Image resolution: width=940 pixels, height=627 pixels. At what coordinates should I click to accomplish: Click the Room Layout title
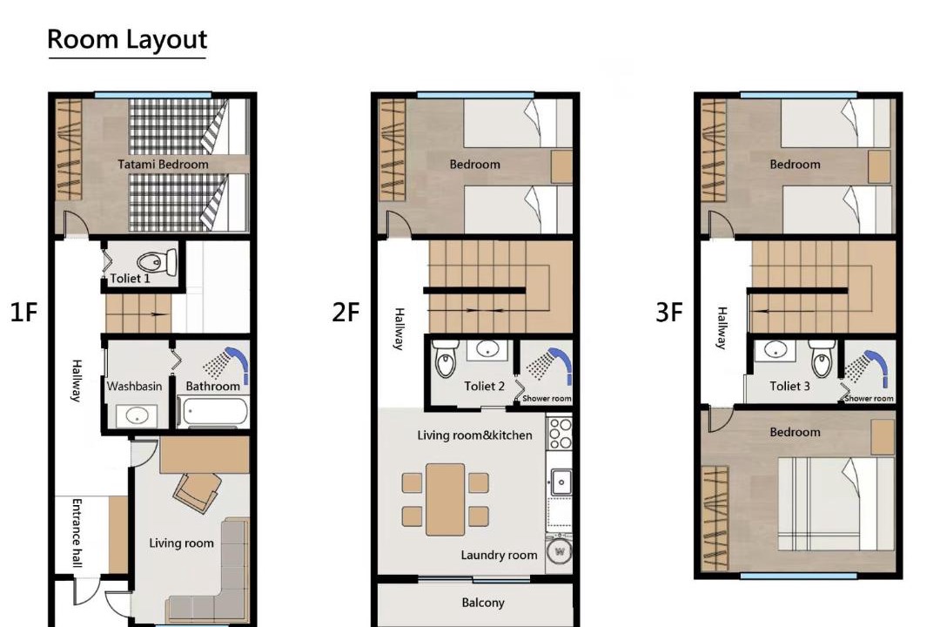pos(127,39)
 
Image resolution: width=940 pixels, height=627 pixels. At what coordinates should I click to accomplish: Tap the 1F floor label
pos(24,312)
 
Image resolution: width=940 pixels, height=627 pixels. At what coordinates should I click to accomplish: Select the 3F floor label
pos(669,312)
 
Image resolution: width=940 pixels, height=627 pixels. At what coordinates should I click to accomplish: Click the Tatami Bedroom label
pos(163,165)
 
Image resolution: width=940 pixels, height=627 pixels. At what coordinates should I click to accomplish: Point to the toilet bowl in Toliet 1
pos(157,262)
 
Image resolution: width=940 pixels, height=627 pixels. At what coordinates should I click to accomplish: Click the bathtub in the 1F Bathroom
pos(213,412)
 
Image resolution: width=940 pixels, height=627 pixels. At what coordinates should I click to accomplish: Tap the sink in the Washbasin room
pos(138,415)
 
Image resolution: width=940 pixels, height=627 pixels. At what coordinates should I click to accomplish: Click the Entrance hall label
pos(77,533)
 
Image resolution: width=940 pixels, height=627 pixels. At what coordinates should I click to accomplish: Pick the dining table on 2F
pos(445,499)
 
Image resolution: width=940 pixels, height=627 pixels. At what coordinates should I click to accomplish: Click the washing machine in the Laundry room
pos(560,550)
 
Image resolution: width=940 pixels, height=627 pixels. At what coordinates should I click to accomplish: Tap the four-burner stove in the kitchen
pos(560,433)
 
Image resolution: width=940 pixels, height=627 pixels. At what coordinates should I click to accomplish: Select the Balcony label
pos(483,603)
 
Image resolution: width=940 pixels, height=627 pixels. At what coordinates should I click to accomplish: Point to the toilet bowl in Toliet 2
pos(445,359)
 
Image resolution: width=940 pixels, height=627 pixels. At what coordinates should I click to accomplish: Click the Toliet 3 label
pos(789,387)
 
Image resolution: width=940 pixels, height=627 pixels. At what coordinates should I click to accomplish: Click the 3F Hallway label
pos(722,328)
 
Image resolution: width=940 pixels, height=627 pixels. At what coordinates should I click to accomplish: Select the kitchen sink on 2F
pos(560,482)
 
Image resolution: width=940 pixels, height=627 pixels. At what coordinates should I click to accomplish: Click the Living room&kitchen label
pos(475,435)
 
